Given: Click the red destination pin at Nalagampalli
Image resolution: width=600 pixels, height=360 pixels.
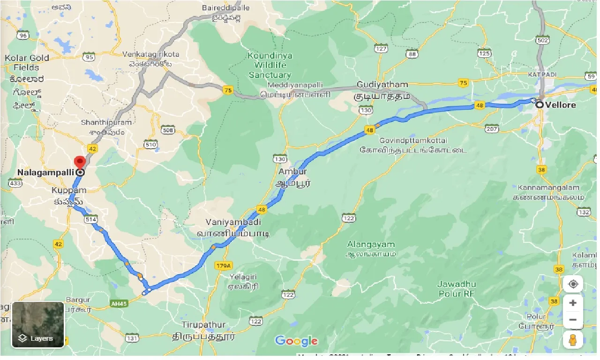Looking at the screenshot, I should (80, 162).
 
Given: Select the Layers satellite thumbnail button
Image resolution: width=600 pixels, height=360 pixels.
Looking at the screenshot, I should (38, 324).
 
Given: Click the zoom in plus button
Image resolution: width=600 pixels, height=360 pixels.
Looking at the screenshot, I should (573, 303).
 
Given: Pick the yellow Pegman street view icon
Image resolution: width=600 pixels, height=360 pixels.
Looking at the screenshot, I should (573, 340).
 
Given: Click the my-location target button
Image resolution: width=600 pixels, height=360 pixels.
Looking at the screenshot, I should (573, 284).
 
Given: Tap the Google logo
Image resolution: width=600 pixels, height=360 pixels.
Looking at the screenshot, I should (296, 341).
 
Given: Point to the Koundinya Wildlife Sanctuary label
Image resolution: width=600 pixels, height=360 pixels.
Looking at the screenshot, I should (270, 65).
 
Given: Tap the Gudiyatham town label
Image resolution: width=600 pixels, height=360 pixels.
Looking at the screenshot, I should (382, 85).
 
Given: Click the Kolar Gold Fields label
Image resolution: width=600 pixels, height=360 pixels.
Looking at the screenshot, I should (27, 62).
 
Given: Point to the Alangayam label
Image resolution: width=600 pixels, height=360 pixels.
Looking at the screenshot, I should (371, 244).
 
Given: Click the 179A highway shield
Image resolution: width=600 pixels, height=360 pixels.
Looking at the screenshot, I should (224, 266).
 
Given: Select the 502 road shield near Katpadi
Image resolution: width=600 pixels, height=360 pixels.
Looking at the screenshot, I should (542, 41).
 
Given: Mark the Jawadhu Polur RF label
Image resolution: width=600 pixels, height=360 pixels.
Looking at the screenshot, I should (457, 289).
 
